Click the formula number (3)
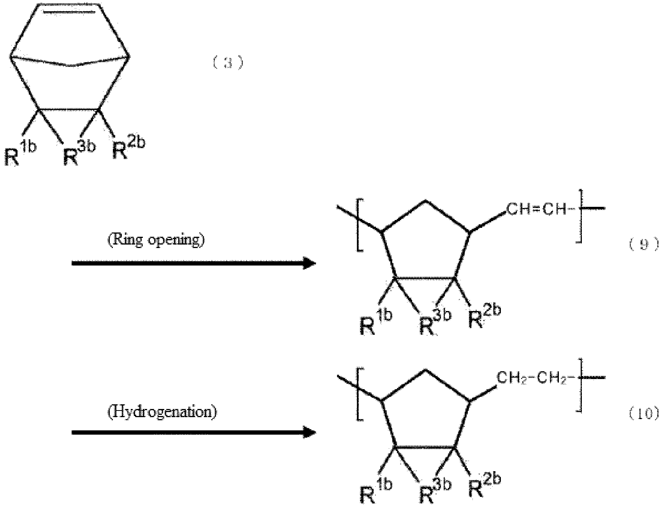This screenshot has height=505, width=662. (228, 63)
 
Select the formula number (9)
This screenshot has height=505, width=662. (644, 245)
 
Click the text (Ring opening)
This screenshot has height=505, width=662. (156, 240)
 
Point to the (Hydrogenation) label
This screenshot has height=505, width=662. (162, 412)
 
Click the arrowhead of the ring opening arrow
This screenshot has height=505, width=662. (310, 263)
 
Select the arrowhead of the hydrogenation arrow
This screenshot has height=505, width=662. (310, 432)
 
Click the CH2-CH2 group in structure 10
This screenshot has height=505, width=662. (532, 378)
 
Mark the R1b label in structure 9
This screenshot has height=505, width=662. (376, 322)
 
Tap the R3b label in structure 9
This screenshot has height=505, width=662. (435, 322)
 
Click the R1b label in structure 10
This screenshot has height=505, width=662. (376, 491)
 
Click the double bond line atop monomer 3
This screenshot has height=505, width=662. (69, 12)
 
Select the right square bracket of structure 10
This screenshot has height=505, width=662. (579, 385)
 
